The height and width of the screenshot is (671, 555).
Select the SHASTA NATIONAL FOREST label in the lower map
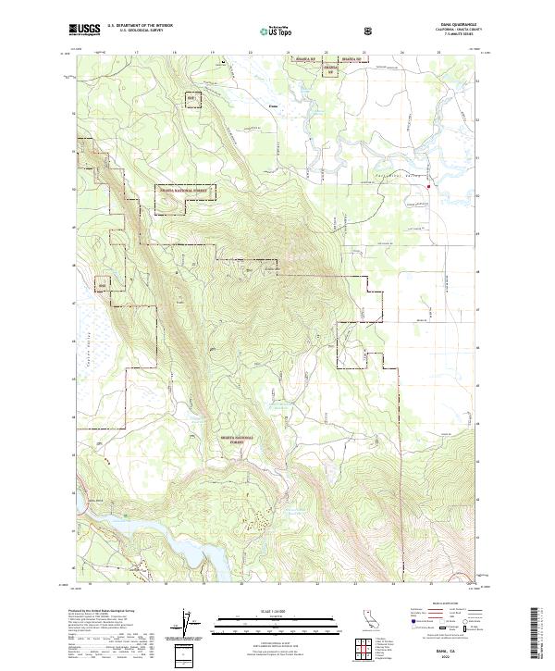(239, 439)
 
